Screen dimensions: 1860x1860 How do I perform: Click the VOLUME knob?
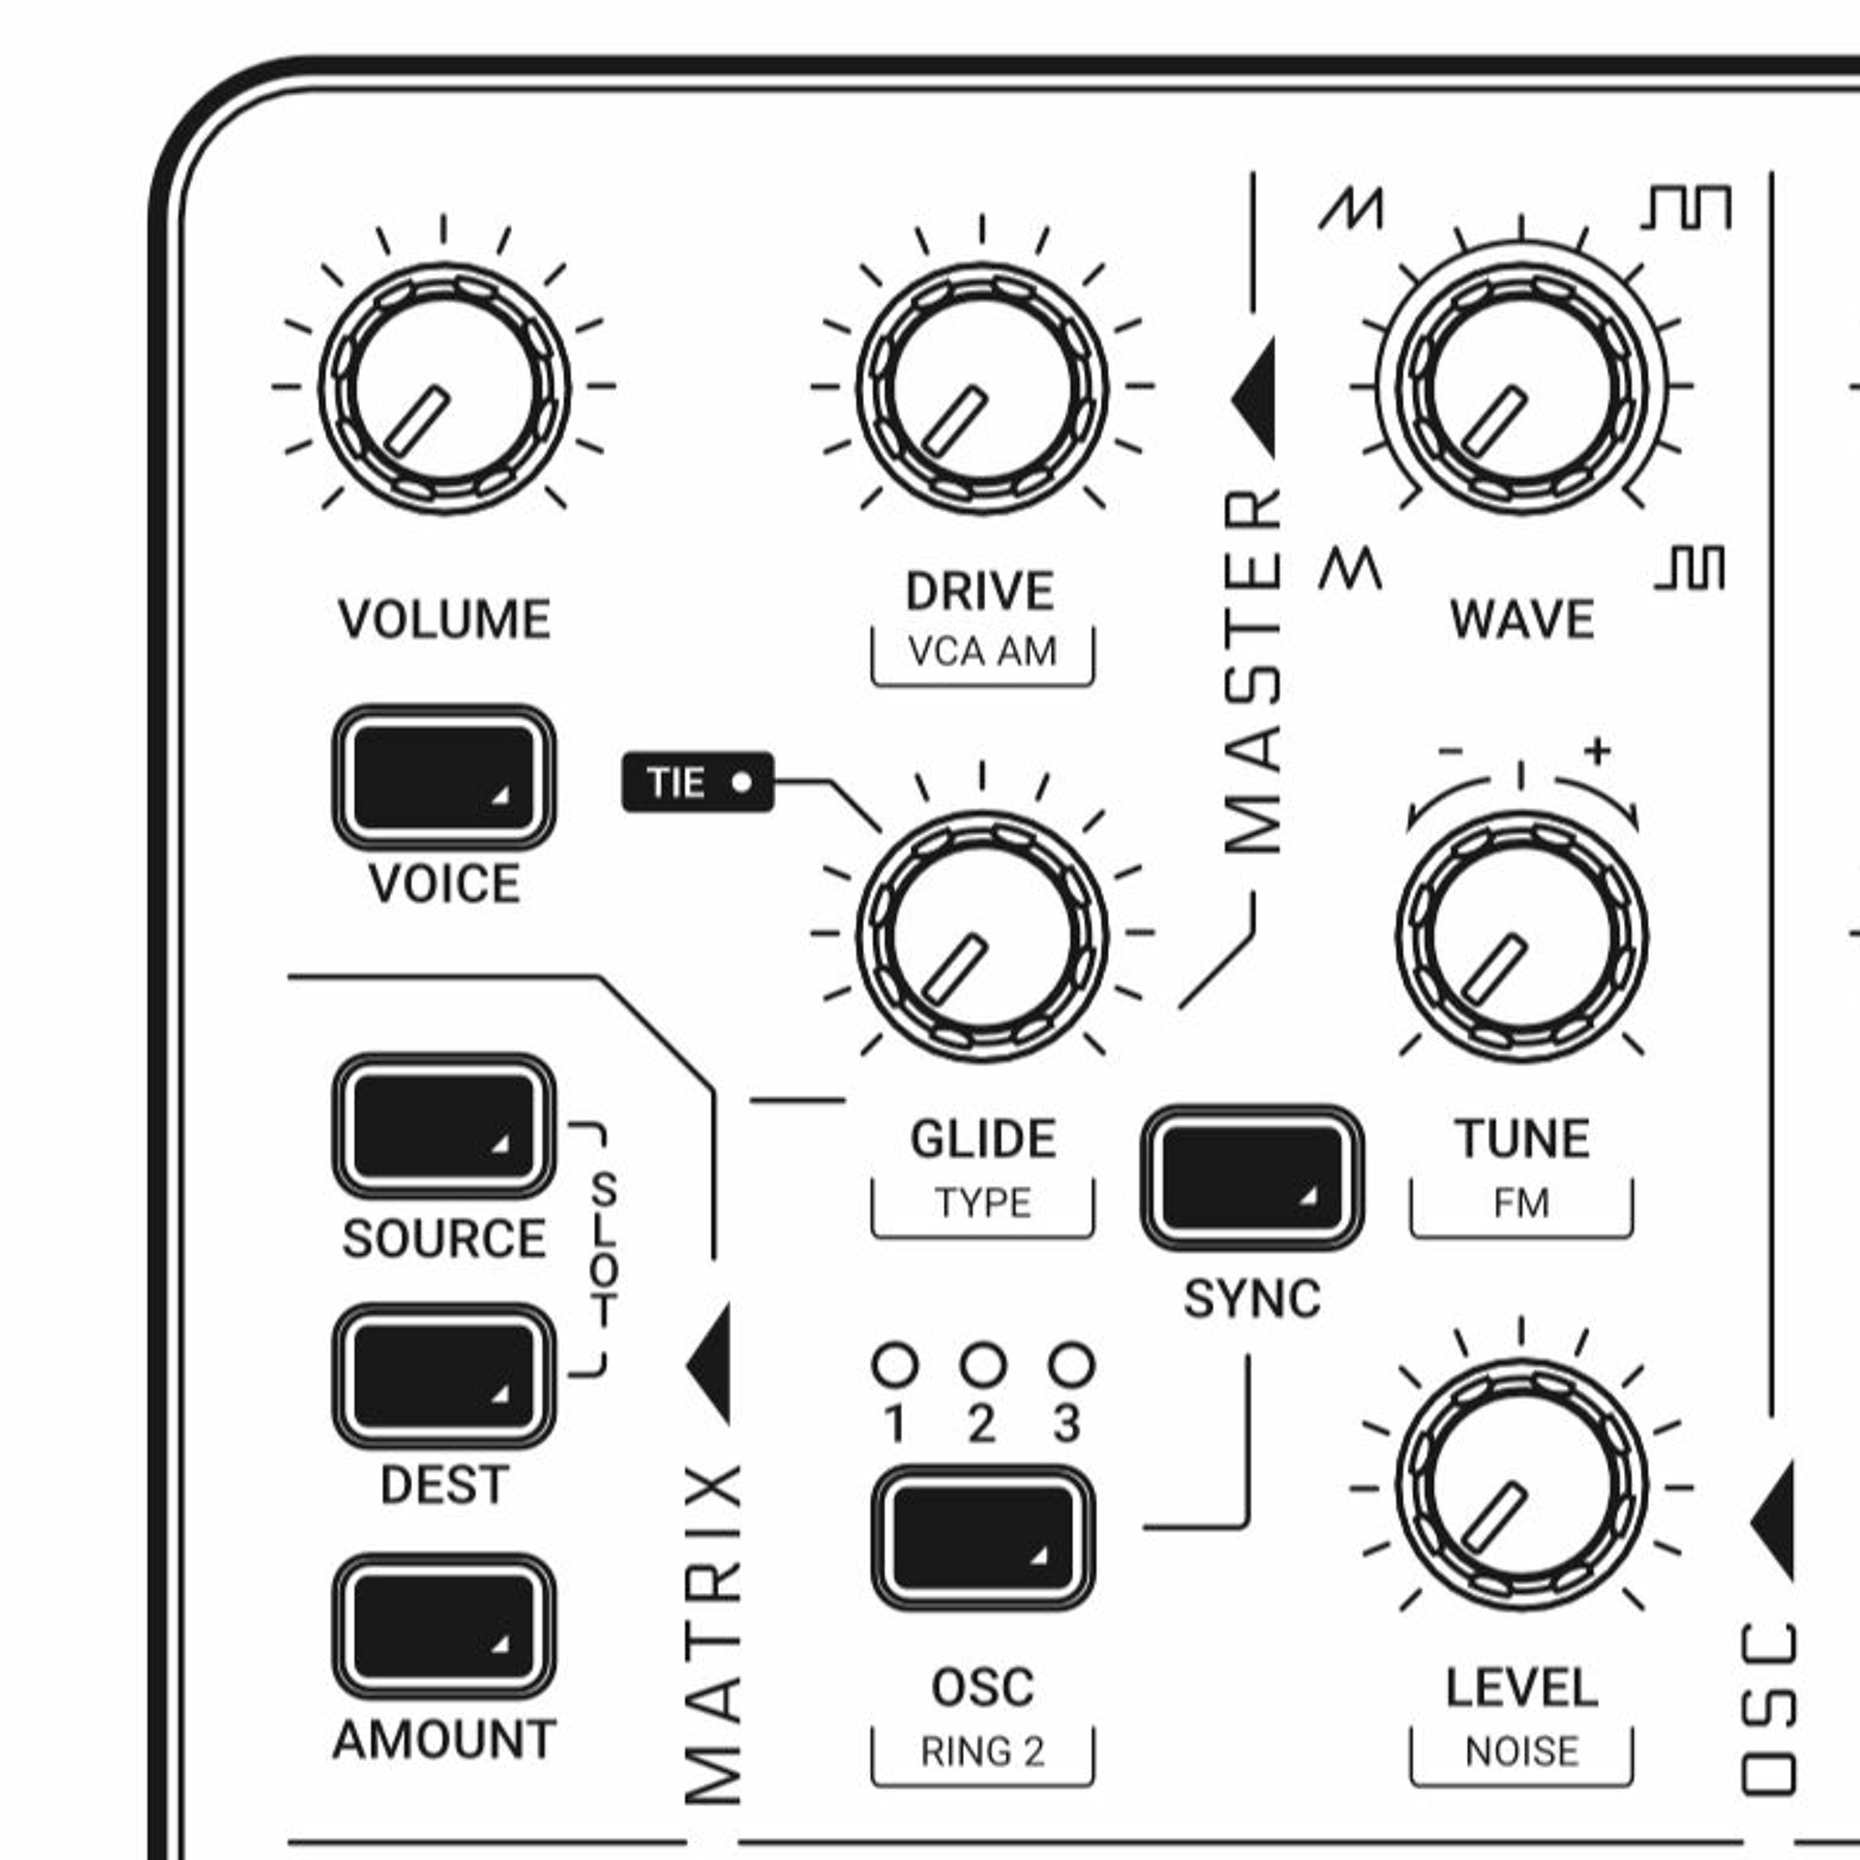(x=444, y=388)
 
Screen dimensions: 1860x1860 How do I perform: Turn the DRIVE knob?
(x=982, y=388)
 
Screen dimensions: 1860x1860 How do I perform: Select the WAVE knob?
(x=1521, y=388)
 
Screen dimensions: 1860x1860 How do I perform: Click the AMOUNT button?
(x=444, y=1626)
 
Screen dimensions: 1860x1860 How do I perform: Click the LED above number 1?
(x=895, y=1364)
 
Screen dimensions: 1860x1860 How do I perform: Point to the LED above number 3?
(x=1071, y=1364)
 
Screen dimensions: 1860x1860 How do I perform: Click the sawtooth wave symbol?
(x=1351, y=209)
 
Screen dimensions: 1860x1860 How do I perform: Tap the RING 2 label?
(x=982, y=1751)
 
